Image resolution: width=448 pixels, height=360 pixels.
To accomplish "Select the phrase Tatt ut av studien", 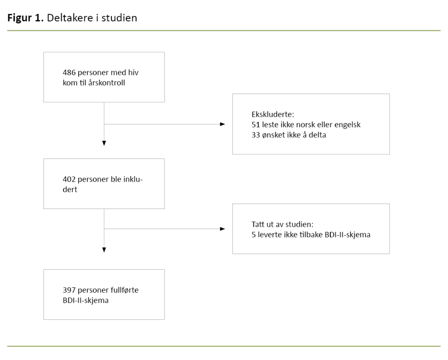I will click(x=280, y=225).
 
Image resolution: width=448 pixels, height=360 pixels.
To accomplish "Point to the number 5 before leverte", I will click(x=248, y=235).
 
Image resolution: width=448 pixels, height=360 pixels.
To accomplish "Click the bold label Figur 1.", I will click(x=25, y=18).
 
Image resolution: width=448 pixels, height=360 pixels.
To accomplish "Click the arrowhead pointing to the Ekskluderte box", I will click(x=222, y=124).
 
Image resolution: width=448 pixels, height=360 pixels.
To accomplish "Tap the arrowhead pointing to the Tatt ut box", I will click(x=222, y=229).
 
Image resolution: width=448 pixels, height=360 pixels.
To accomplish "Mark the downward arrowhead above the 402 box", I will click(x=104, y=143).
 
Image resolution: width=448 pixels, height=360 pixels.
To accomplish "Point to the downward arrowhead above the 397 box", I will click(x=104, y=250).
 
